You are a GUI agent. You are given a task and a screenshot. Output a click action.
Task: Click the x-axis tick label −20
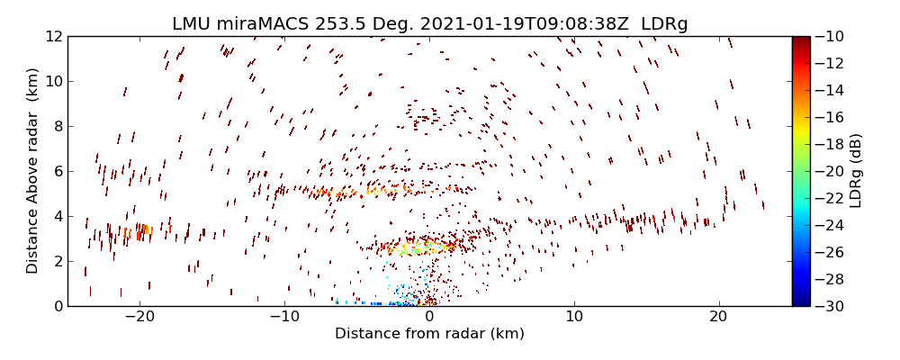point(139,317)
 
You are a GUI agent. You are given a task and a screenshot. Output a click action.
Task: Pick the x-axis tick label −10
point(284,317)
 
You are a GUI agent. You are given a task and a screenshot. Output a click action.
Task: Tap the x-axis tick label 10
point(574,317)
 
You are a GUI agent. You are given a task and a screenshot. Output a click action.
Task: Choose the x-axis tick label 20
point(718,317)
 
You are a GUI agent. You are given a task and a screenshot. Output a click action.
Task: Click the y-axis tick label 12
point(53,37)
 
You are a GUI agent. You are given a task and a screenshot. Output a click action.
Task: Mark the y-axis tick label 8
point(57,127)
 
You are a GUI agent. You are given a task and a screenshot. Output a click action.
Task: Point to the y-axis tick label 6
point(57,172)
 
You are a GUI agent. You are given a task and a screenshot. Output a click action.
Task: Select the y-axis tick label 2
point(57,262)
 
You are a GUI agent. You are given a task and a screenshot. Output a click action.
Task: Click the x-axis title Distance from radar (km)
point(429,334)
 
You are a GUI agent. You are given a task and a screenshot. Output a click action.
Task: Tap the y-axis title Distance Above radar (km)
point(32,171)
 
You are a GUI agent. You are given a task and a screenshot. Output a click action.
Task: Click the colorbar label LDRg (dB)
point(856,171)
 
